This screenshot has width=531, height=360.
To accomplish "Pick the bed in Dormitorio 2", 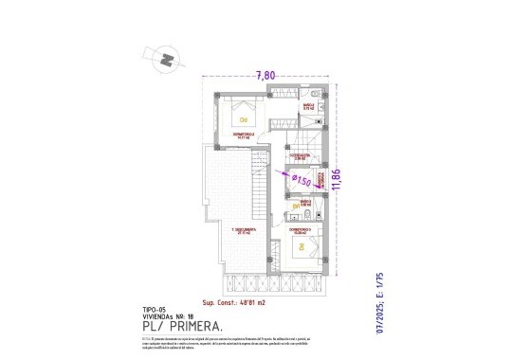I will [244, 117].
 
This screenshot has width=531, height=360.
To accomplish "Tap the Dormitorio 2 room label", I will [244, 135].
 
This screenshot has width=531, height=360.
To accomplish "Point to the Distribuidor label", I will [300, 154].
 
